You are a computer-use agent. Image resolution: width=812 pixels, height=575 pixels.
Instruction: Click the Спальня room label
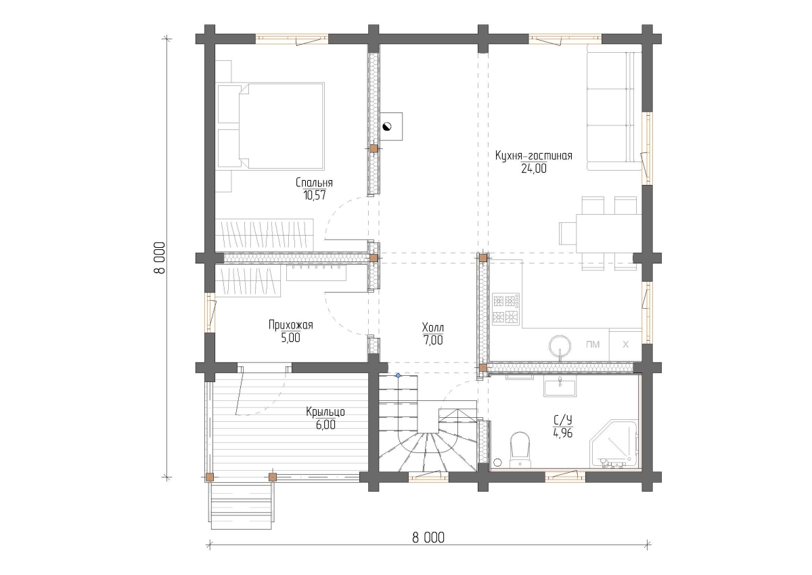314,182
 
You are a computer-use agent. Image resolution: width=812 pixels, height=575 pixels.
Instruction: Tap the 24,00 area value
534,169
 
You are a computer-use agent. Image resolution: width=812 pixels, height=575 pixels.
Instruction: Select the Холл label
433,328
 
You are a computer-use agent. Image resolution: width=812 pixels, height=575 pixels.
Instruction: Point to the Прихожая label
290,324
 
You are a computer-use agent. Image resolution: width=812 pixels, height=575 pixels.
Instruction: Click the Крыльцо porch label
325,412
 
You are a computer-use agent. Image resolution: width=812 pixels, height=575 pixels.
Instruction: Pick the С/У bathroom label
562,421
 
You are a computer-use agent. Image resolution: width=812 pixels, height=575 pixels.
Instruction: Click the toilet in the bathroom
520,449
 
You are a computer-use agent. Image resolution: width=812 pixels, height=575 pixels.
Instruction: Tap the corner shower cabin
613,444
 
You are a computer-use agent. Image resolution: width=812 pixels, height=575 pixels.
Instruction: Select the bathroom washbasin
560,385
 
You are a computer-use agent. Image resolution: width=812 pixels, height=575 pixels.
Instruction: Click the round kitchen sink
560,345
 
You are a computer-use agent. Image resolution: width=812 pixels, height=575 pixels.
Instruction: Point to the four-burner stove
505,309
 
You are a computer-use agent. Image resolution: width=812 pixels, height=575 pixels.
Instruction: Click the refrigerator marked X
625,345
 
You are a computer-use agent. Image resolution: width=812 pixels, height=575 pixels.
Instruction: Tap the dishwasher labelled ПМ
592,345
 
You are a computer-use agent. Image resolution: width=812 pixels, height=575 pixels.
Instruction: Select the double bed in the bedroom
270,126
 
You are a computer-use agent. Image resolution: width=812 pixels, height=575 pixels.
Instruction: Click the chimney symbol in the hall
387,126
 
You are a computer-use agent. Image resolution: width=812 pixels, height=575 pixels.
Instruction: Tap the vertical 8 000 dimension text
160,258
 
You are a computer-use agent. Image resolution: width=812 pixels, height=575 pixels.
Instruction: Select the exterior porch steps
241,506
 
